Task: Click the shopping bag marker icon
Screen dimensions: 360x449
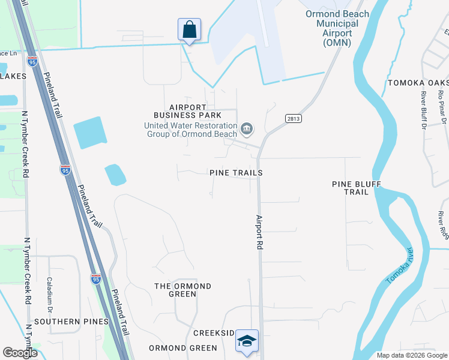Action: coord(189,29)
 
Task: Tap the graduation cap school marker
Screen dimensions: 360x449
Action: coord(247,341)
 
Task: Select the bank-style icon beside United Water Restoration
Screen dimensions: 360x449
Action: coord(247,129)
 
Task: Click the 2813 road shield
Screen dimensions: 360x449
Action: coord(293,119)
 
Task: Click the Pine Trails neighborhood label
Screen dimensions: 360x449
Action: coord(236,173)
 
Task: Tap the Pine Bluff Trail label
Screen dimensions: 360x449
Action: coord(356,188)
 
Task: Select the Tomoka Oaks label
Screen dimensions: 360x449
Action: coord(417,83)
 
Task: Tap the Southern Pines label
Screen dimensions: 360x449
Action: coord(65,322)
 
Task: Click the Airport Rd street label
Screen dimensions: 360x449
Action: coord(259,232)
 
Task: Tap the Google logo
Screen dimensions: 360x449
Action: coord(20,353)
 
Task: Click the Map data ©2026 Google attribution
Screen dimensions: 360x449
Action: coord(411,355)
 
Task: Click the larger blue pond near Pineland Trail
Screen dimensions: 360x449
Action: coord(90,133)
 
